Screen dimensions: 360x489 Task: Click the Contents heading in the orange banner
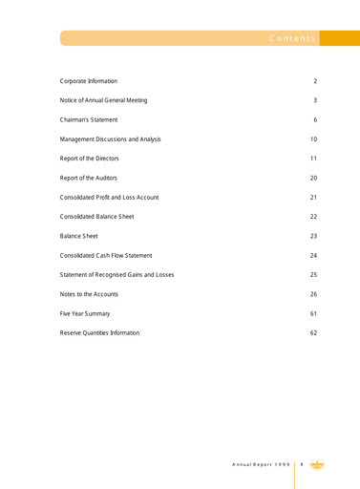click(291, 38)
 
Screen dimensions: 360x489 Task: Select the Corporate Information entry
click(89, 81)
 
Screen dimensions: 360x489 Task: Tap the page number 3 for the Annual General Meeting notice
click(315, 100)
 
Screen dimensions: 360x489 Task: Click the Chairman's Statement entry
click(89, 120)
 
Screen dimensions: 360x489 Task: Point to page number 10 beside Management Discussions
click(313, 139)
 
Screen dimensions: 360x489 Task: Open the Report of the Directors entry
click(92, 159)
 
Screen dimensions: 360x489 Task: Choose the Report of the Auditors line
click(89, 179)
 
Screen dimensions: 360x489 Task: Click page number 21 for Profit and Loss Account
click(313, 198)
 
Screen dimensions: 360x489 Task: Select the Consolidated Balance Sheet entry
click(96, 217)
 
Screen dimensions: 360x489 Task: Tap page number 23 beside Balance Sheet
click(313, 236)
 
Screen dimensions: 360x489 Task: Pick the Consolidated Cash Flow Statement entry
click(106, 256)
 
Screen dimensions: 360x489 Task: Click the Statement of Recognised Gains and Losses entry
click(116, 275)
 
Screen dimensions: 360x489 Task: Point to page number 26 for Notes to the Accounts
click(313, 294)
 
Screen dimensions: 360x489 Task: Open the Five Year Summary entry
click(85, 313)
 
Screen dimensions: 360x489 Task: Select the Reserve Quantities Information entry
click(99, 333)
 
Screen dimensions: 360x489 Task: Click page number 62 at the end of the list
click(313, 333)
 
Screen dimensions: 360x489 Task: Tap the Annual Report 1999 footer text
click(261, 464)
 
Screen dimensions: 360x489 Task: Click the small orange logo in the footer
click(317, 464)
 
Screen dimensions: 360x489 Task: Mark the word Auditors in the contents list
click(104, 179)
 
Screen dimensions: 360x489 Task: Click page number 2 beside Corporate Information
click(315, 81)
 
